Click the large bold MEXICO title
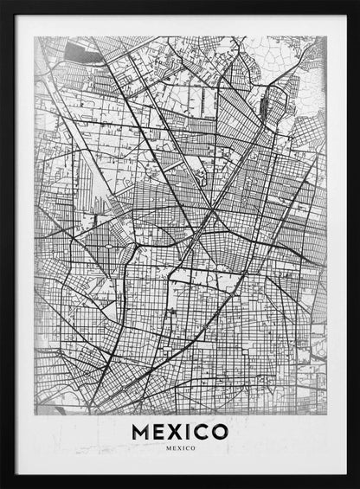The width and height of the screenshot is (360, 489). (x=180, y=430)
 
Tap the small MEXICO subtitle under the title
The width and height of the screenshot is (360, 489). (x=180, y=448)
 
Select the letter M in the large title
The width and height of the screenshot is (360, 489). (x=139, y=430)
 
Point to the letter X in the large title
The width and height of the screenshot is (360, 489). (x=174, y=430)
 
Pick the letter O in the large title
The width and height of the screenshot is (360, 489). (x=220, y=430)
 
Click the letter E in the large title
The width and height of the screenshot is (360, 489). (x=157, y=430)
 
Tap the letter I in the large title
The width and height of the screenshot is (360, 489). (x=188, y=430)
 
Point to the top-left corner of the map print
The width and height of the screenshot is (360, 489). (x=35, y=36)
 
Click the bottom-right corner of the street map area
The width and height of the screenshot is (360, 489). (x=326, y=414)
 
